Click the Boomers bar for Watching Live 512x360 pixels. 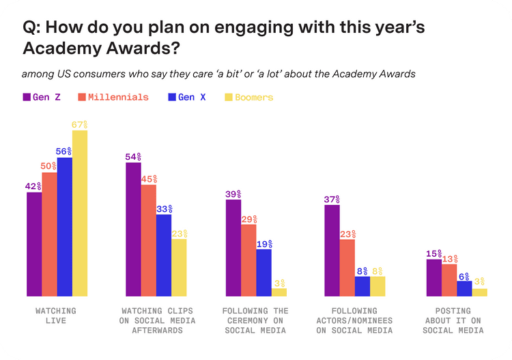coord(80,213)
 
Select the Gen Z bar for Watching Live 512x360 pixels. coord(34,244)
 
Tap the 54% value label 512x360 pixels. coord(133,156)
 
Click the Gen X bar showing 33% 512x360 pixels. coord(164,255)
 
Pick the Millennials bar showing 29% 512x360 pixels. coord(248,260)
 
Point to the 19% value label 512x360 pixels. coord(264,244)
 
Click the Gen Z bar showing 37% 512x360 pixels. coord(332,250)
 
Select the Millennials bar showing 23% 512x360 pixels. coord(347,267)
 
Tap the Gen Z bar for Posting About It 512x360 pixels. coord(433,277)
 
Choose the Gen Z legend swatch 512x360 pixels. coord(27,97)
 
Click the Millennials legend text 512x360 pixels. coord(117,97)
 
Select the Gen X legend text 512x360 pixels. coord(192,97)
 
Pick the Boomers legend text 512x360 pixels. coord(254,97)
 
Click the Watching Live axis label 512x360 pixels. coord(56,316)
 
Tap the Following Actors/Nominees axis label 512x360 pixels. coord(354,320)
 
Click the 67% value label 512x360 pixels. coord(81,125)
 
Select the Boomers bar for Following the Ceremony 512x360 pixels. coord(279,292)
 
